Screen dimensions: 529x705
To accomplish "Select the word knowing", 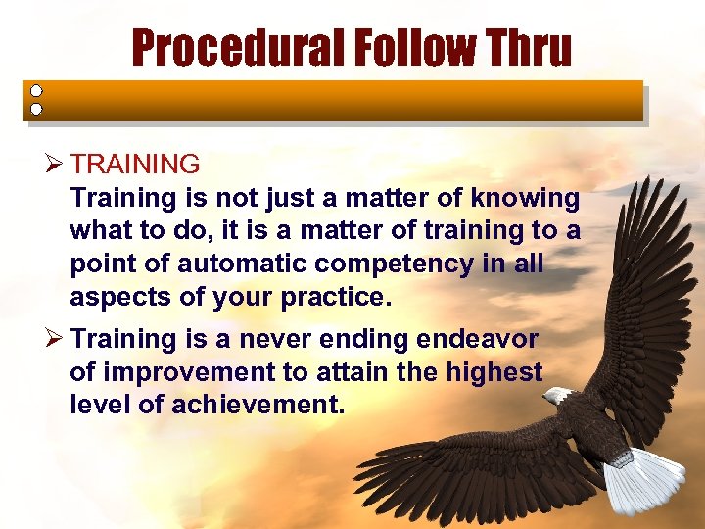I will [x=525, y=198].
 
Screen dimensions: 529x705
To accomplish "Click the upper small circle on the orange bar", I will [x=36, y=90].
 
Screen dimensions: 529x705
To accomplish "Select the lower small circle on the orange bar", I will [x=36, y=109].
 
